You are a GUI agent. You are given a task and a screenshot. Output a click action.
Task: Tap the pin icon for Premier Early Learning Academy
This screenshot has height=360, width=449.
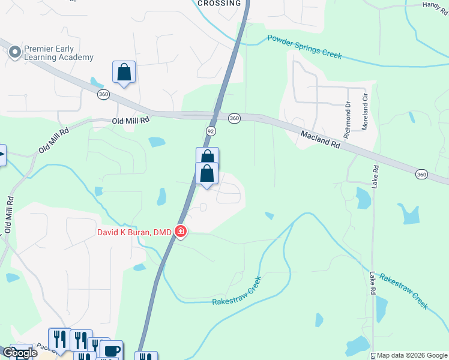(15, 53)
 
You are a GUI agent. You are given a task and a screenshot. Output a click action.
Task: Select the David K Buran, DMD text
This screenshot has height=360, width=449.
(136, 232)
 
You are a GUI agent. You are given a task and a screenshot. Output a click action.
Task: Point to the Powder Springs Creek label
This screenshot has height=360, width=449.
(304, 47)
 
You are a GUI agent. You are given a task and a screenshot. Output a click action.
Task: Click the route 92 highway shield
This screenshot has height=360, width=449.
(210, 131)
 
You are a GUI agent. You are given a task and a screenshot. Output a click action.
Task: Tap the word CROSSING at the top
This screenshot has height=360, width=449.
(220, 3)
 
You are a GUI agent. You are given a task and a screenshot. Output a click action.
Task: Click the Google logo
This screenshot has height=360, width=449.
(20, 353)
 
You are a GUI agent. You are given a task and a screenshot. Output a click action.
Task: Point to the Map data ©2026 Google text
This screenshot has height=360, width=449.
(411, 355)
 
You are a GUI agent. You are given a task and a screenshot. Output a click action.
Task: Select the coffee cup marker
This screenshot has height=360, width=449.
(111, 350)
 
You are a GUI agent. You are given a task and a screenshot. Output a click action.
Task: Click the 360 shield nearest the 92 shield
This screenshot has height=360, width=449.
(234, 119)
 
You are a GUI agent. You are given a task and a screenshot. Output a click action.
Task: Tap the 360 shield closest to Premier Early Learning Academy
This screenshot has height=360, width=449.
(103, 95)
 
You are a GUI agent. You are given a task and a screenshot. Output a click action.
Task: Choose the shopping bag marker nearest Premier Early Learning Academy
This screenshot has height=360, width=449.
(124, 72)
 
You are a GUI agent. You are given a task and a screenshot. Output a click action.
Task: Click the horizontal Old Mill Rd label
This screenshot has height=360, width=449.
(130, 120)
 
